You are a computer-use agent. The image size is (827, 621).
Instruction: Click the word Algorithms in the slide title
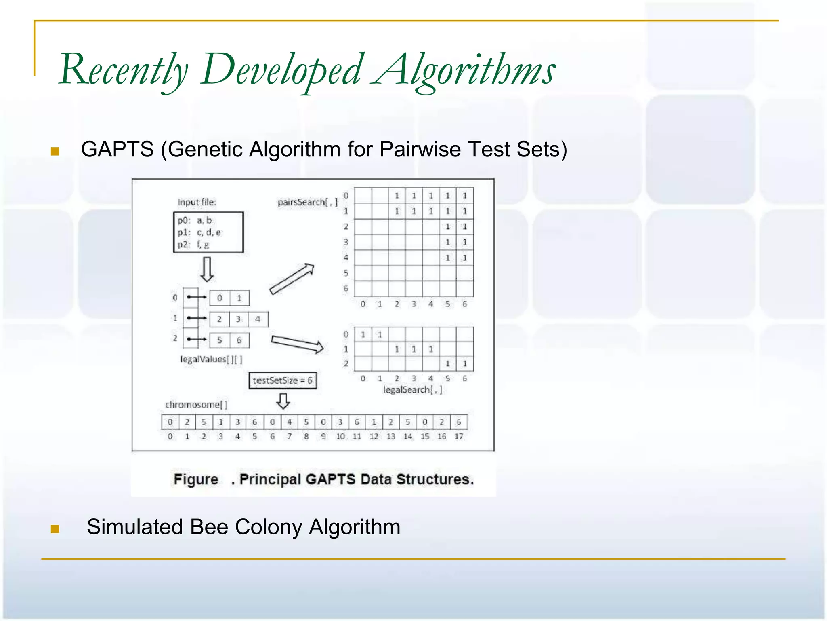click(464, 71)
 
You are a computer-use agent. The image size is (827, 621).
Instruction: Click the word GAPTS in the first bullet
click(117, 149)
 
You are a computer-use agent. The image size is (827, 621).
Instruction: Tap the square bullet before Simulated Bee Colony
click(55, 529)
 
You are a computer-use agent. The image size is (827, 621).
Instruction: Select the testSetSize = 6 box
click(283, 380)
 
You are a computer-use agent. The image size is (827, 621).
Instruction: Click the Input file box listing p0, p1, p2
click(208, 232)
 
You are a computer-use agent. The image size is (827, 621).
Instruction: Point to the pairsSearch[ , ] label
click(307, 202)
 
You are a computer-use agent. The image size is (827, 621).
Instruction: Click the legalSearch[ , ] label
click(412, 390)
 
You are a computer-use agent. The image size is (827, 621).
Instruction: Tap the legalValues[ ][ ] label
click(211, 359)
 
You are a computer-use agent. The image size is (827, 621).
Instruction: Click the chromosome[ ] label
click(196, 405)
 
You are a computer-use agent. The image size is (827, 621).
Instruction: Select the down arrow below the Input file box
click(207, 270)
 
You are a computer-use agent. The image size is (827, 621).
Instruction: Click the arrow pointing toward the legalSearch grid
click(297, 344)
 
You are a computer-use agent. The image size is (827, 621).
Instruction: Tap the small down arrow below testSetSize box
click(283, 401)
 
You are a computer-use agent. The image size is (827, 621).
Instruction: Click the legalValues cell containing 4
click(258, 319)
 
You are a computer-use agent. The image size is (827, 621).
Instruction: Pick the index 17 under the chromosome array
click(459, 437)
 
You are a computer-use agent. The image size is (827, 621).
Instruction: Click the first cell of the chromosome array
click(170, 422)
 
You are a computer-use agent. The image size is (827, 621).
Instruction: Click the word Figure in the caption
click(196, 479)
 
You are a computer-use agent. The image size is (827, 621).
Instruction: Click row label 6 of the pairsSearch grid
click(346, 289)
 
